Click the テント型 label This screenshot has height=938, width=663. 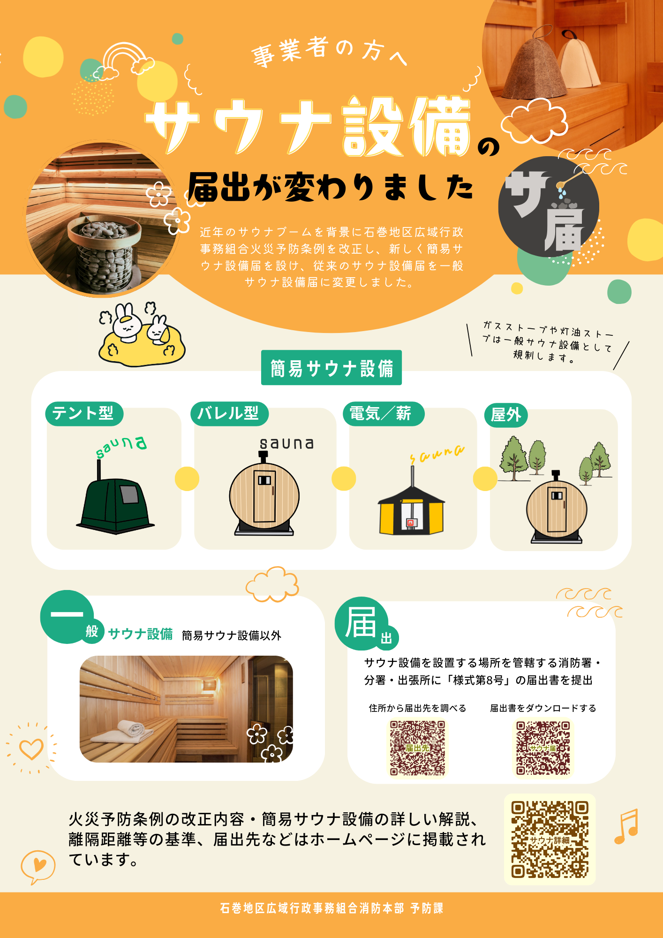point(84,414)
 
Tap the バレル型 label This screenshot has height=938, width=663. point(229,414)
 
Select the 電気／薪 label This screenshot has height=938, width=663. point(384,414)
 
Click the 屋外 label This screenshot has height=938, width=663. point(506,415)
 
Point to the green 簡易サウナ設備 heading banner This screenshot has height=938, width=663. point(331,368)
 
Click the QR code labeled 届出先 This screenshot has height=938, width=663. point(417,748)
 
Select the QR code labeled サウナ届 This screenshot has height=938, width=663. point(543,748)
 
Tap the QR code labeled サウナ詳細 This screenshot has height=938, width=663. point(550,839)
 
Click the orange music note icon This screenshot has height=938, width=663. point(626,826)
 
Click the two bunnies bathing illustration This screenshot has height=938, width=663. point(142,334)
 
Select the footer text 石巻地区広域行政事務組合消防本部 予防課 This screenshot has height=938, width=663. point(331,908)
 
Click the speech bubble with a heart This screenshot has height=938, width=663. point(38,866)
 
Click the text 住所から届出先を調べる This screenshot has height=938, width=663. point(417,708)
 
